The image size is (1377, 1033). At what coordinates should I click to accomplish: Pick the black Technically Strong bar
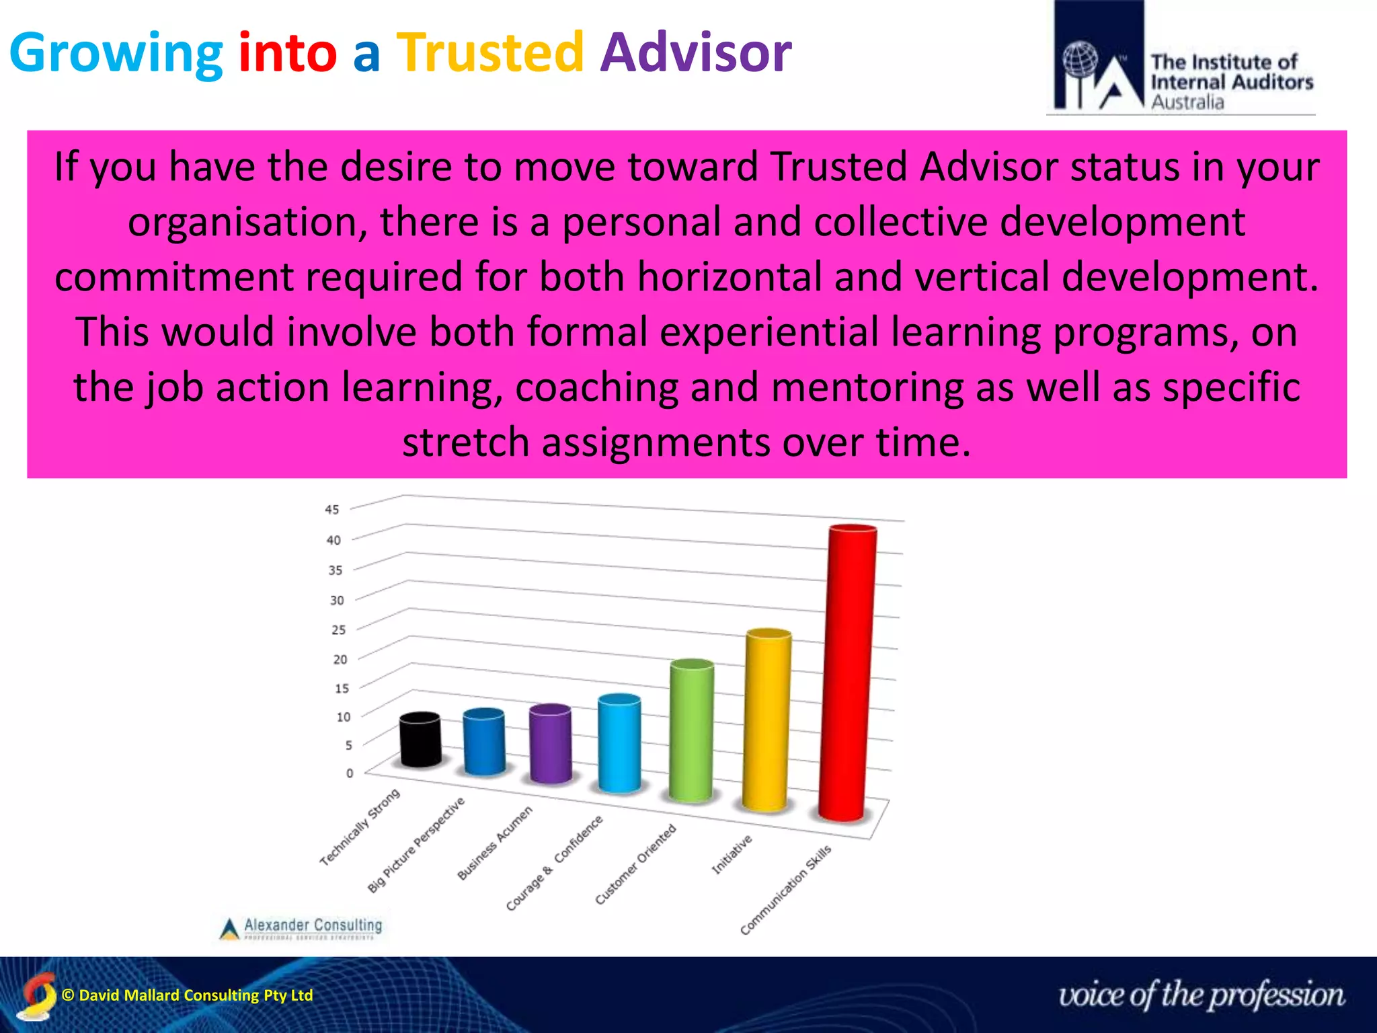coord(420,740)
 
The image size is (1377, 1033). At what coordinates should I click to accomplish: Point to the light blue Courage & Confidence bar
coord(619,743)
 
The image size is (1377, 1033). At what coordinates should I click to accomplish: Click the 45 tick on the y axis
coord(332,510)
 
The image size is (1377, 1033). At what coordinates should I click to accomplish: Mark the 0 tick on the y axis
coord(350,773)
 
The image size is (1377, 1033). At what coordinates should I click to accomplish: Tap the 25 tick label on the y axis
coord(339,630)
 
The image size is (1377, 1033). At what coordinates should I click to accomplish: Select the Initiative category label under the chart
coord(732,854)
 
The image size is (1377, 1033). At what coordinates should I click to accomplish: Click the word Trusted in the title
coord(489,52)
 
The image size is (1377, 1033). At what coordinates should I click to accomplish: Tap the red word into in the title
coord(287,52)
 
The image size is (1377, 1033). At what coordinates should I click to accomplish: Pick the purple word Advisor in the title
coord(696,52)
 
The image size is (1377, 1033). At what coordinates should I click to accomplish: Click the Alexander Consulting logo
coord(301,927)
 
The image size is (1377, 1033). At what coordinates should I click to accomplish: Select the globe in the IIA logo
coord(1080,61)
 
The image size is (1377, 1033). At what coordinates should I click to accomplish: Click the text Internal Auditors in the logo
coord(1231,82)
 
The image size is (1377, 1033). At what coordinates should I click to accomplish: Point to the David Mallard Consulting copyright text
coord(187,995)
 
